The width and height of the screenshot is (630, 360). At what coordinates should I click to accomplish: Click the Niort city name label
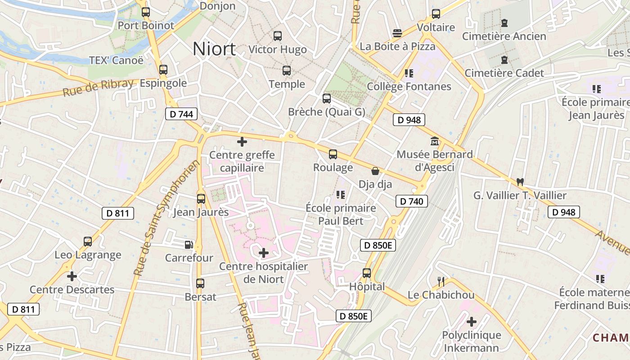coord(214,49)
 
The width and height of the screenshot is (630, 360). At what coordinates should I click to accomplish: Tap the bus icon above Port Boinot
coord(145,12)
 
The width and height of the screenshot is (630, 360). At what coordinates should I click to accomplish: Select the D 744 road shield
coord(182,114)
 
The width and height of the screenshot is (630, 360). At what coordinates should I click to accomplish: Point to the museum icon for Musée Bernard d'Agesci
coord(435,141)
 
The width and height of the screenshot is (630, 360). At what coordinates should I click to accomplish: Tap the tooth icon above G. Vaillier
coord(520,182)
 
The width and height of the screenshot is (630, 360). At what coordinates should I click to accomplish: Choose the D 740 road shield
coord(412,201)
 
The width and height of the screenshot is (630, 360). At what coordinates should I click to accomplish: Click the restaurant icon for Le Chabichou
coord(441,282)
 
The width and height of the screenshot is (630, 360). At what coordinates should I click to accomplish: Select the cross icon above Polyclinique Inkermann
coord(471,322)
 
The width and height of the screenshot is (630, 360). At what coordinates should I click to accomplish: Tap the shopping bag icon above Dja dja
coord(375,171)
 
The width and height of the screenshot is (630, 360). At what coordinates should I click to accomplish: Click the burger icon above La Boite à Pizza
coord(397,33)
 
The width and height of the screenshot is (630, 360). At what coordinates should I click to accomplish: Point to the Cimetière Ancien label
coord(504,36)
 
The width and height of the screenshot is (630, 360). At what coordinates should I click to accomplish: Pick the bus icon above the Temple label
coord(287,71)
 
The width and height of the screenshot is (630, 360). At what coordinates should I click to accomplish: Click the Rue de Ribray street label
coord(98,87)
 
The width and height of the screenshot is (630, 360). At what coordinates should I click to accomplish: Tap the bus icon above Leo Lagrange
coord(88,242)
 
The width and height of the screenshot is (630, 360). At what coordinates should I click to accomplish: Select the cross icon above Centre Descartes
coord(72,276)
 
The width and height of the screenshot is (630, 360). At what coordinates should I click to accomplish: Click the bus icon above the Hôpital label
coord(367,273)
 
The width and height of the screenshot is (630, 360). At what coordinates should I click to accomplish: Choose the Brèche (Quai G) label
coord(327,112)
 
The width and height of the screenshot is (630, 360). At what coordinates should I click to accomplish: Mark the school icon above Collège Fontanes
coord(409,73)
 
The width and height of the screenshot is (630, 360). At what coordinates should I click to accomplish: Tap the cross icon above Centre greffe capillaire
coord(242,142)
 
